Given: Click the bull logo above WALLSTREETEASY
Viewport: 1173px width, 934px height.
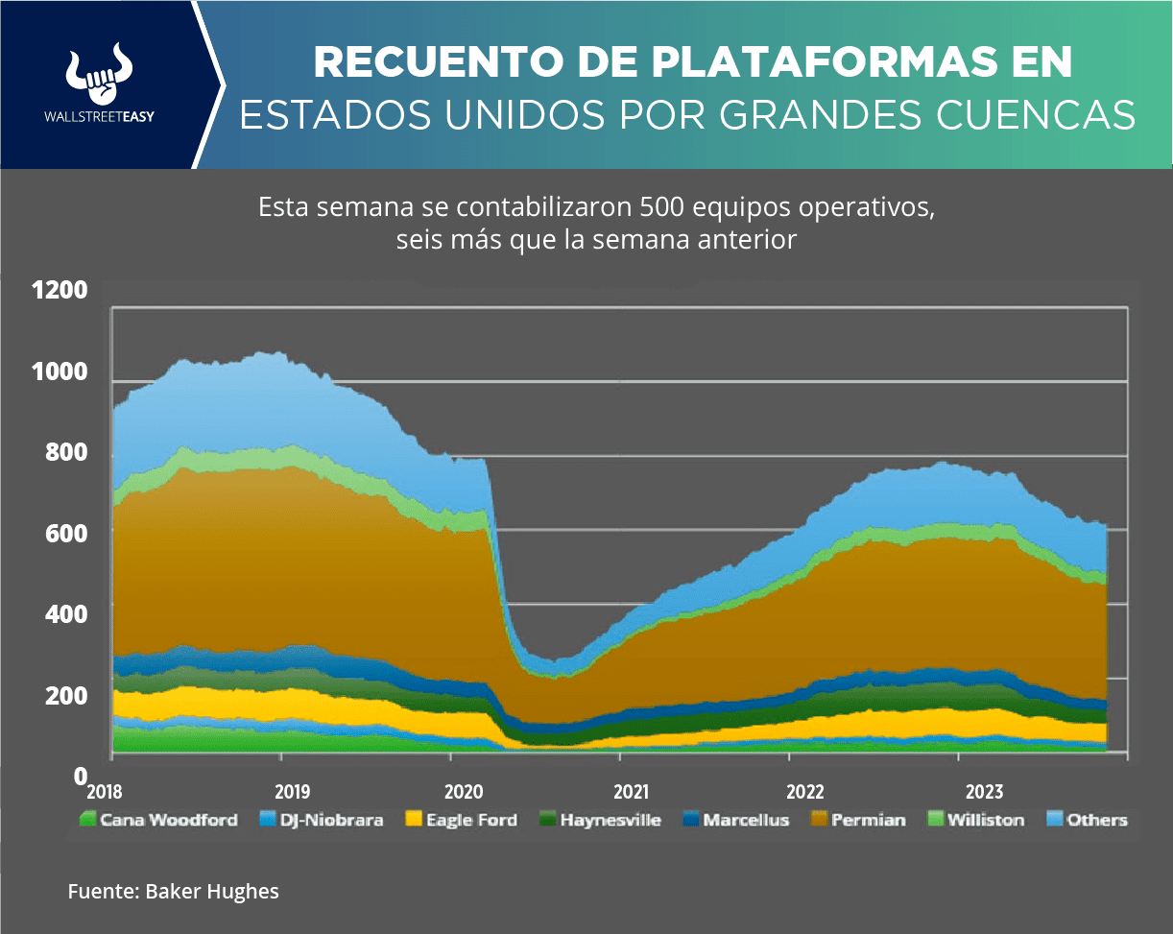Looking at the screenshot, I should coord(99,74).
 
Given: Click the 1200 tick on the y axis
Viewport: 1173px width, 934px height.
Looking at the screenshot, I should coord(60,291).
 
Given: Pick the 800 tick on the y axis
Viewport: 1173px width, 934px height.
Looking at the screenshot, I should coord(67,452).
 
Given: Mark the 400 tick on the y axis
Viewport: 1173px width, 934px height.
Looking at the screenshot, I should coord(67,613).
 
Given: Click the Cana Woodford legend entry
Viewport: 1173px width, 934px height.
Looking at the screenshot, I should coord(158,820).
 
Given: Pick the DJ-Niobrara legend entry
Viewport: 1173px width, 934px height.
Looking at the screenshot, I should coord(322,820).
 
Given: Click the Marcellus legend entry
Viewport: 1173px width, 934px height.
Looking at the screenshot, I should coord(734,820).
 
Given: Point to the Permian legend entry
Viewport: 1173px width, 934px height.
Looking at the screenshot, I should coord(858,820).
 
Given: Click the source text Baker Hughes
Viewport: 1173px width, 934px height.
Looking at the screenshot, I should coord(212,892).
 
